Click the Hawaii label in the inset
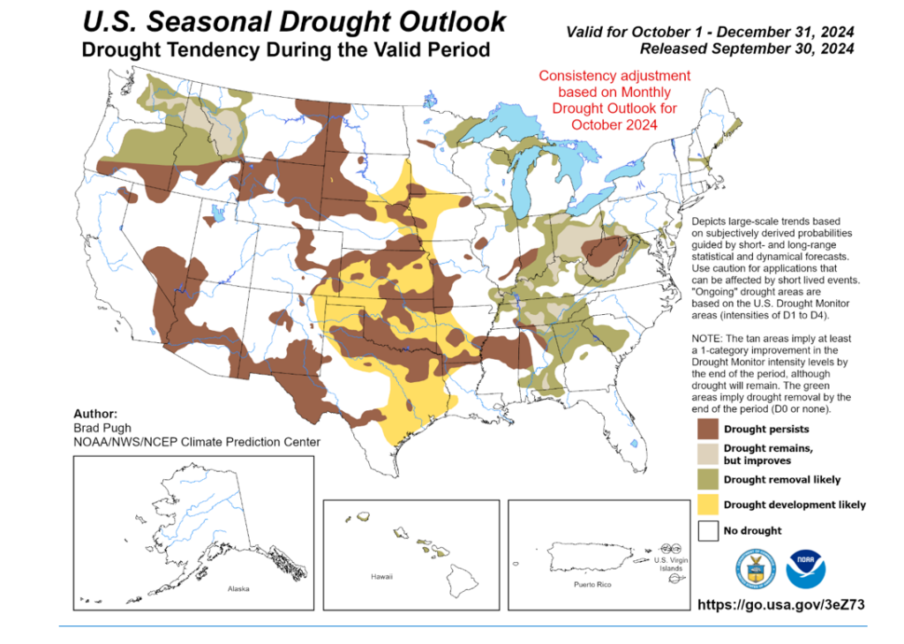coord(381,576)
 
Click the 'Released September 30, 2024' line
coord(746,49)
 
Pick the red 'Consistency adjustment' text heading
coord(614,76)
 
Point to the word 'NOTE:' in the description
coord(707,339)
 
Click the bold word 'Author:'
coord(96,412)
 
